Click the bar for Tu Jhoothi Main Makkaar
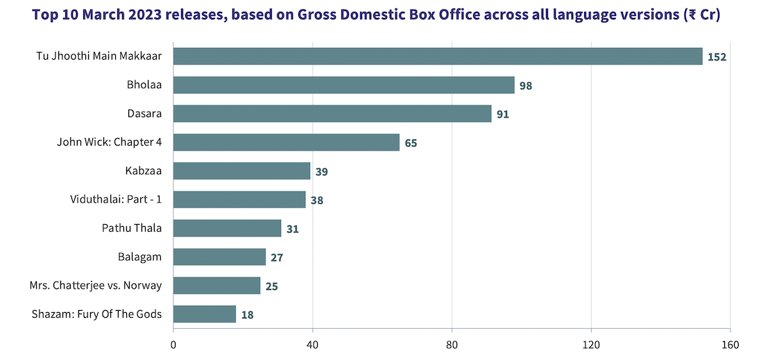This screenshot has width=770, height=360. pyautogui.click(x=437, y=56)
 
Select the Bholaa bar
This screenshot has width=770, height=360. pyautogui.click(x=343, y=85)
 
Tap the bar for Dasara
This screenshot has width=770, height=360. pyautogui.click(x=332, y=114)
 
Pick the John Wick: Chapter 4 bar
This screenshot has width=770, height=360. pyautogui.click(x=286, y=142)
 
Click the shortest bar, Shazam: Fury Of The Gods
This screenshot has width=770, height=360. pyautogui.click(x=204, y=314)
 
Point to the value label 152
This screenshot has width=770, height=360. pyautogui.click(x=717, y=57)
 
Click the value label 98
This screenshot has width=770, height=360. pyautogui.click(x=527, y=85)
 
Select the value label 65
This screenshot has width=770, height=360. pyautogui.click(x=411, y=143)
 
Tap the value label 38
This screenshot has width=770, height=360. pyautogui.click(x=317, y=200)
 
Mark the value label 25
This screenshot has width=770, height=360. pyautogui.click(x=271, y=286)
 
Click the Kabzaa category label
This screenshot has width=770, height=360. pyautogui.click(x=144, y=171)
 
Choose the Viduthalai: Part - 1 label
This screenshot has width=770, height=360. pyautogui.click(x=116, y=200)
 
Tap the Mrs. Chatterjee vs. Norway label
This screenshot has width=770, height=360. pyautogui.click(x=96, y=286)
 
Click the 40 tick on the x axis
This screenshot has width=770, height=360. pyautogui.click(x=312, y=345)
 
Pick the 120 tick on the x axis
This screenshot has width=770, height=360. pyautogui.click(x=591, y=345)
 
